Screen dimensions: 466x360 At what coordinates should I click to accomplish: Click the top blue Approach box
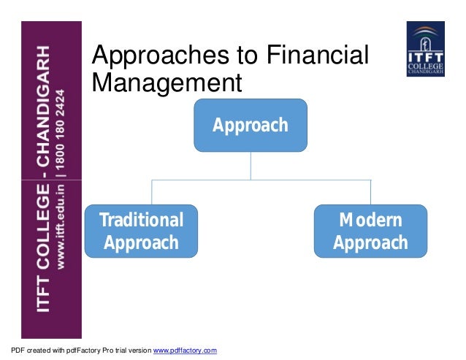pyautogui.click(x=250, y=125)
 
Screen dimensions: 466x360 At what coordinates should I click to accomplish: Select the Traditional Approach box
pyautogui.click(x=141, y=231)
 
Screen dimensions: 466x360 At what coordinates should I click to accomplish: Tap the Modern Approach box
pyautogui.click(x=370, y=231)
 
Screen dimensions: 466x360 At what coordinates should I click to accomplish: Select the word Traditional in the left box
pyautogui.click(x=141, y=220)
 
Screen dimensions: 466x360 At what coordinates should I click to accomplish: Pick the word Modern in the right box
pyautogui.click(x=370, y=220)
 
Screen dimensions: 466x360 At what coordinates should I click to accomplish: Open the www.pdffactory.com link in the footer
pyautogui.click(x=184, y=351)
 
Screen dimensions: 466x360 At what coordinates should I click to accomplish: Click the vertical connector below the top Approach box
pyautogui.click(x=251, y=165)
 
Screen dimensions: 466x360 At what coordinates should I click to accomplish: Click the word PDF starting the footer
pyautogui.click(x=10, y=351)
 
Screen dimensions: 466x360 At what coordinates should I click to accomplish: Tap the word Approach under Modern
pyautogui.click(x=370, y=242)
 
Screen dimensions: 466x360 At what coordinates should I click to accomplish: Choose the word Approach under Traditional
pyautogui.click(x=141, y=242)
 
